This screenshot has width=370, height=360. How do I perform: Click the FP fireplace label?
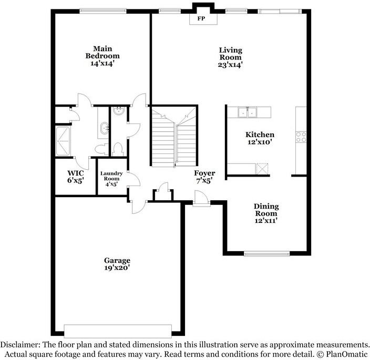point(200,18)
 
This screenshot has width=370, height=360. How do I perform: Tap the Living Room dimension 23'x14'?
point(230,65)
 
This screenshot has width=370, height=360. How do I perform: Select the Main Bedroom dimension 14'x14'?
point(102,63)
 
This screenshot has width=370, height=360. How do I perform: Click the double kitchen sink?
point(247,111)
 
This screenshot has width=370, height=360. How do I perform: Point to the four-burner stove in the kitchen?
point(301,137)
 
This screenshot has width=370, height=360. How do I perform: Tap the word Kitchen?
point(260,135)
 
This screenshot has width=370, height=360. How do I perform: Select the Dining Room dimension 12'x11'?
point(266,221)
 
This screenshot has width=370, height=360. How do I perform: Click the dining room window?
point(266,254)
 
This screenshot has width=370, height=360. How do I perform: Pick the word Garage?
point(117,260)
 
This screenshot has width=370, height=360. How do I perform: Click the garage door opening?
point(117,331)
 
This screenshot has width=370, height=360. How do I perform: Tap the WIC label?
point(76,173)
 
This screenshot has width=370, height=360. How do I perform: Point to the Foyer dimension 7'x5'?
point(204,181)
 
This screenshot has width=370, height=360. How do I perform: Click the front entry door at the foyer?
point(200,199)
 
